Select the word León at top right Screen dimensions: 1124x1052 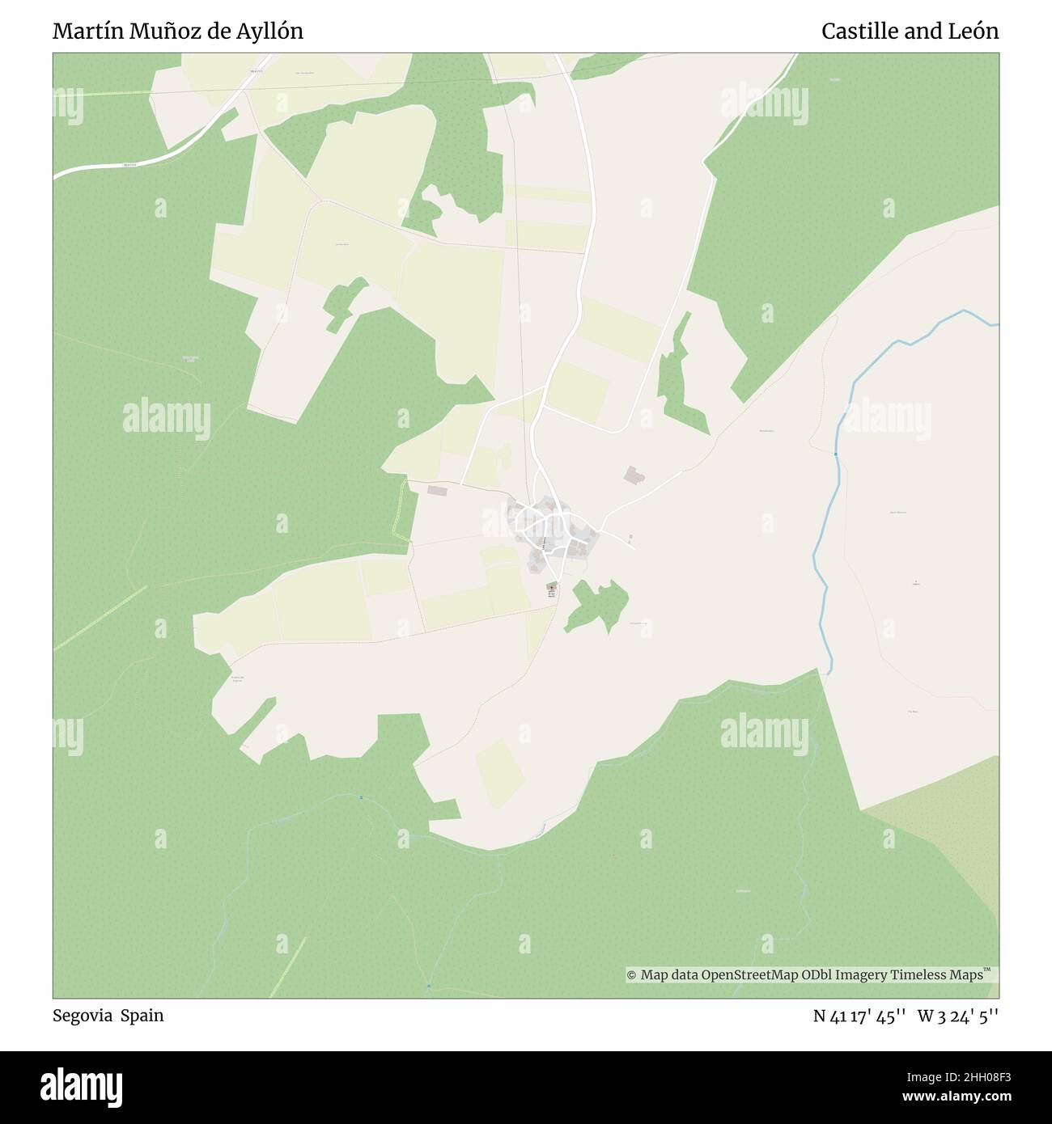[x=974, y=32]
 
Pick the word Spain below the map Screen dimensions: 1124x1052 [x=142, y=1016]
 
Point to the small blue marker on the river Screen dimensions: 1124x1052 [x=836, y=454]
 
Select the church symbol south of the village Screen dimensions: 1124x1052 [x=552, y=588]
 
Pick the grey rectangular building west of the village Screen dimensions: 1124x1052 [x=437, y=490]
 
